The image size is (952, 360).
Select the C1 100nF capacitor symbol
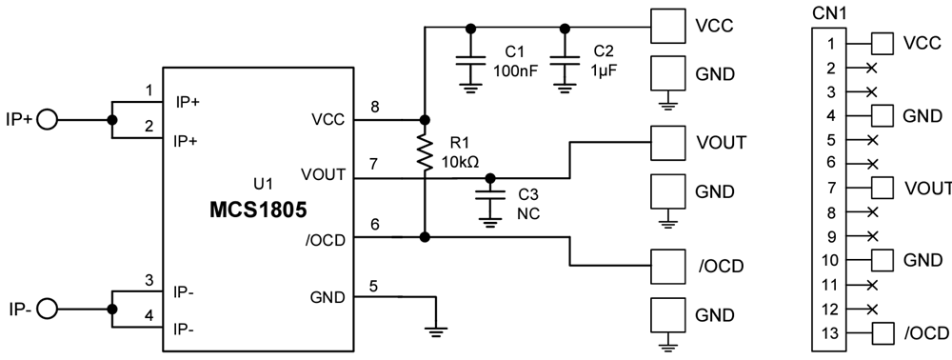468,62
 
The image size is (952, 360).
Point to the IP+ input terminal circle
46,120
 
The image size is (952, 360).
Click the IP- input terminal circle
46,308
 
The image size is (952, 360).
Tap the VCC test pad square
667,27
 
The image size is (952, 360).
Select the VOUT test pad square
667,143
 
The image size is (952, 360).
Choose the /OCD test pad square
667,265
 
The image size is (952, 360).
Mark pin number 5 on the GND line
374,286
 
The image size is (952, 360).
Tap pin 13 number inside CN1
830,332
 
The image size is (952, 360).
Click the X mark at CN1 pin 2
872,68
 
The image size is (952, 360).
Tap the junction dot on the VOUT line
490,178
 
